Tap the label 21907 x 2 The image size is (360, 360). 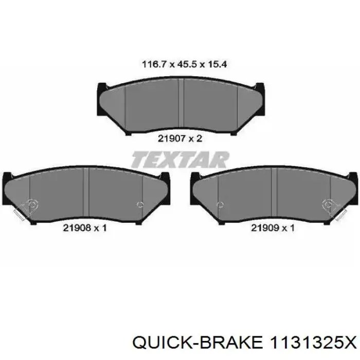click(180, 138)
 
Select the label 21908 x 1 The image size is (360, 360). click(85, 227)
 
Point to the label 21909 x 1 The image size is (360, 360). click(273, 227)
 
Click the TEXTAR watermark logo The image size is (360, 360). click(180, 159)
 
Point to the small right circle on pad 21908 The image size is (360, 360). click(140, 205)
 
